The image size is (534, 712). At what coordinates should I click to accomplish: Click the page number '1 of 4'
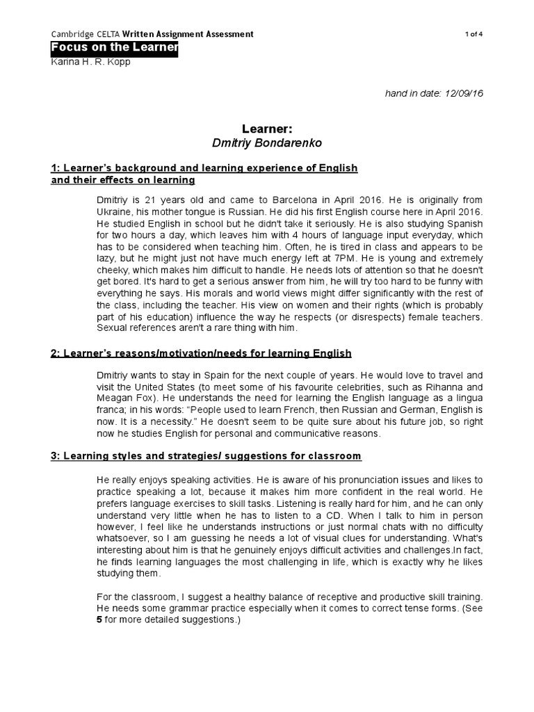point(472,34)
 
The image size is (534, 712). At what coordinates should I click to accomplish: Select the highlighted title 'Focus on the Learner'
point(115,48)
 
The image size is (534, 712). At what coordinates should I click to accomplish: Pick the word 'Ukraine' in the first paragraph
point(115,211)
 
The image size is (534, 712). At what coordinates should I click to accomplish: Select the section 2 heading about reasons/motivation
point(202,354)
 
